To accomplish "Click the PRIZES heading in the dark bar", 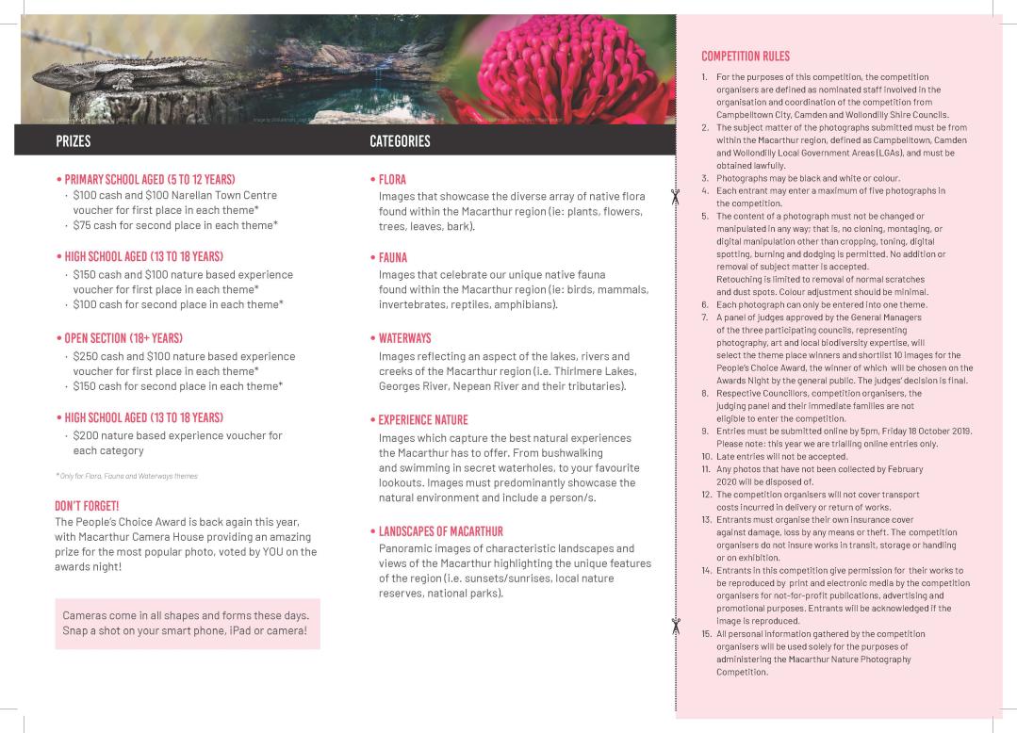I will pyautogui.click(x=73, y=141).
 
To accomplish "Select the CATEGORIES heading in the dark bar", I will pyautogui.click(x=400, y=141).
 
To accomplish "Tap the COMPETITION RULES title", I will pyautogui.click(x=746, y=57).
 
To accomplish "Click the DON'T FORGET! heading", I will pyautogui.click(x=87, y=506).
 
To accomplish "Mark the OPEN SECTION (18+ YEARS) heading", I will pyautogui.click(x=122, y=337).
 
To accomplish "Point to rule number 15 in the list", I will pyautogui.click(x=706, y=634).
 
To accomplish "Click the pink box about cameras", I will pyautogui.click(x=186, y=623).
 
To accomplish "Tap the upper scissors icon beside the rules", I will pyautogui.click(x=675, y=196).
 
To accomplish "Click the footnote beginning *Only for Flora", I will pyautogui.click(x=126, y=476).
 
